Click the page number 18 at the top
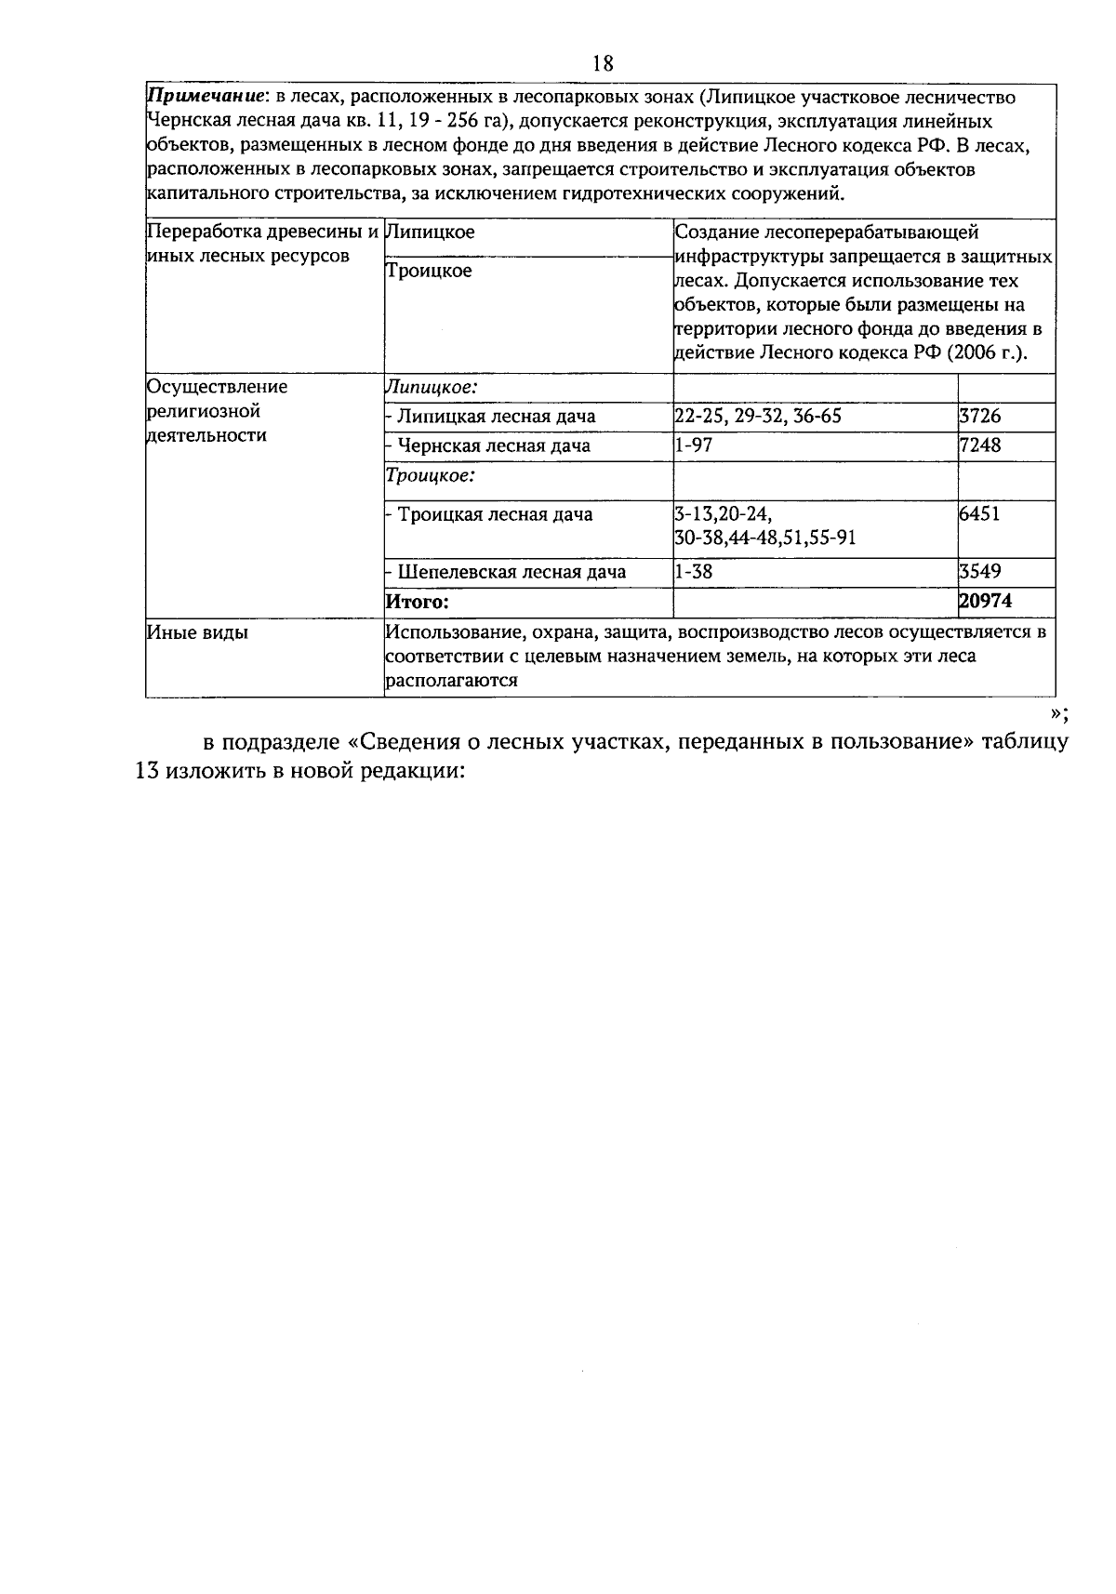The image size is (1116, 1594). [603, 63]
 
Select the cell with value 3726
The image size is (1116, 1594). [980, 417]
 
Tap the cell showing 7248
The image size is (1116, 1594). [980, 445]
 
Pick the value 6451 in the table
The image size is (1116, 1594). [979, 514]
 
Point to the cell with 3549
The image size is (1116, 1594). [980, 572]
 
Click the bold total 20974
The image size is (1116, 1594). [986, 602]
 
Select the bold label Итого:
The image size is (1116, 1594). [417, 603]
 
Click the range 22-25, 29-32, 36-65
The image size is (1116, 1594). [758, 417]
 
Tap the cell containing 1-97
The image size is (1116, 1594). [694, 445]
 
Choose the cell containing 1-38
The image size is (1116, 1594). [694, 572]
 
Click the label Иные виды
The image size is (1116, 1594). [198, 633]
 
